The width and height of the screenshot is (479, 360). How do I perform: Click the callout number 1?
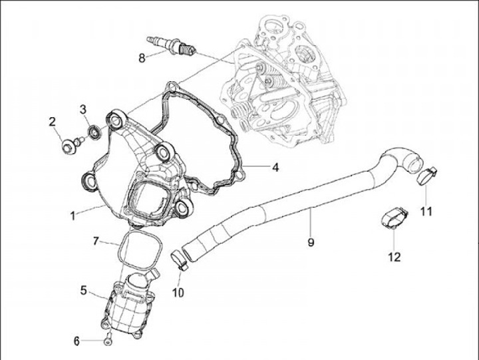tap(75, 215)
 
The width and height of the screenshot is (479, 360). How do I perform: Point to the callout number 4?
tap(274, 167)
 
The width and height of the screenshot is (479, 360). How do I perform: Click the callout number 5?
tap(84, 290)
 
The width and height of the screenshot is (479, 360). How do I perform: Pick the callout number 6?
tap(77, 341)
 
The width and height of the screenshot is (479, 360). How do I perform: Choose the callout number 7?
tap(96, 240)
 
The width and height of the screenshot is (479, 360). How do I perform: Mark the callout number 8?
tap(142, 57)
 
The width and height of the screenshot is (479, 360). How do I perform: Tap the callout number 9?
tap(311, 242)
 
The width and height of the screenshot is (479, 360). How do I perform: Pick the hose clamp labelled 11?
tap(425, 176)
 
